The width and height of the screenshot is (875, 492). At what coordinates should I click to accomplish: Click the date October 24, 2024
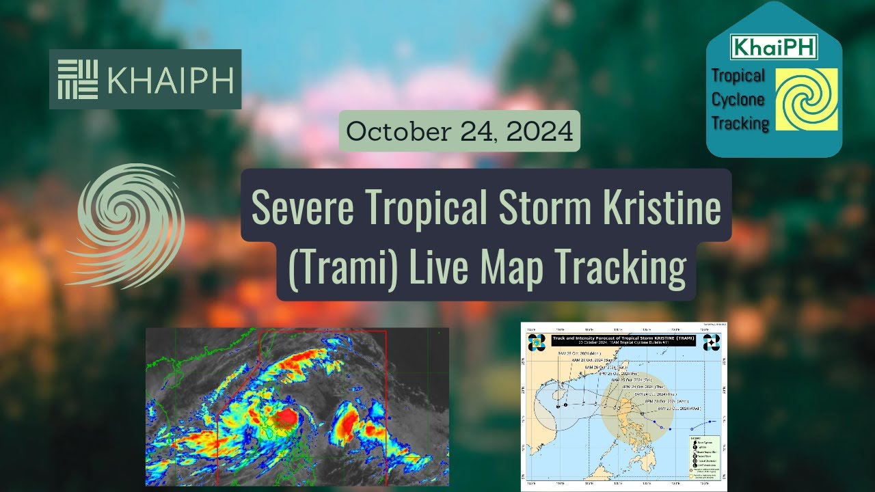point(459,131)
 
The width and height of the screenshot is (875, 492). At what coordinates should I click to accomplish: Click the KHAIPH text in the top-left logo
point(171,79)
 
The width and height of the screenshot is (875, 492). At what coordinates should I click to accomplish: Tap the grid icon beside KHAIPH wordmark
point(77,79)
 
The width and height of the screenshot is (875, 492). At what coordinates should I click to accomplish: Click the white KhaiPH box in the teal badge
point(774,47)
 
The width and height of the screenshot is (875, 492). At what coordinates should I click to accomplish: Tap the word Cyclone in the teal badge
point(738,100)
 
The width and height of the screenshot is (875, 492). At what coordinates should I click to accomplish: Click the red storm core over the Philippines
point(286,417)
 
